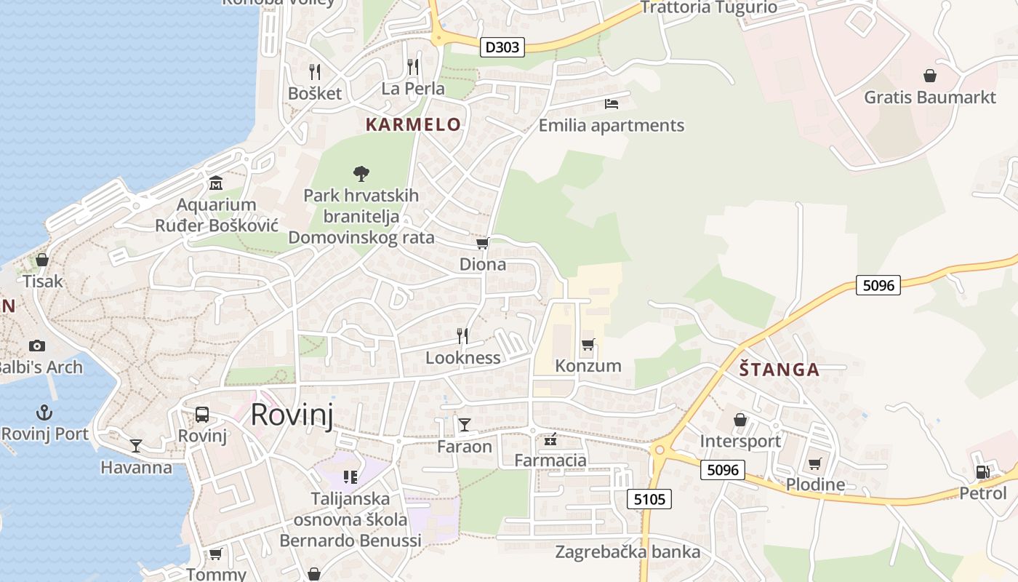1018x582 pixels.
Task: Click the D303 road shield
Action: (x=502, y=47)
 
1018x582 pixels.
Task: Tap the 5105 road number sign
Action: (x=649, y=498)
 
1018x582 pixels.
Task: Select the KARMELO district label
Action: (x=413, y=124)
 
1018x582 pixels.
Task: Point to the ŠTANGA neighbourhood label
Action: (x=779, y=370)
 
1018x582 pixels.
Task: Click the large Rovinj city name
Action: (x=292, y=415)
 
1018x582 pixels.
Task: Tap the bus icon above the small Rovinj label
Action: (x=202, y=415)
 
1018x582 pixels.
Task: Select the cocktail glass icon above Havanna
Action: (x=136, y=445)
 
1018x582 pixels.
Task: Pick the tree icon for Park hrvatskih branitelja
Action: (x=361, y=174)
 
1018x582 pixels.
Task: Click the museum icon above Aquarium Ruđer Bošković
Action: (x=216, y=183)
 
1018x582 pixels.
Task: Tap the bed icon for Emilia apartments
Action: (x=611, y=104)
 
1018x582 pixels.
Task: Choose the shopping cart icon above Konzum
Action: (x=588, y=344)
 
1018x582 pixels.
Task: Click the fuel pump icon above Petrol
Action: (x=982, y=471)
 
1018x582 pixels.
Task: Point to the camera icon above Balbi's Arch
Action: (x=37, y=346)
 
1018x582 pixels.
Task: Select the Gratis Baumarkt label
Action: (x=929, y=97)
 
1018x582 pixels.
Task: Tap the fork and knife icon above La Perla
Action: (x=413, y=67)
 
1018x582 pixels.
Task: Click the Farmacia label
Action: (x=550, y=460)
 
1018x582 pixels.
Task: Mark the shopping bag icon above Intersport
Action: (x=740, y=420)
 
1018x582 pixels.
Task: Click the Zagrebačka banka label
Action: (x=628, y=551)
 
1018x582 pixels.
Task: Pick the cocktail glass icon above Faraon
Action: (x=465, y=424)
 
